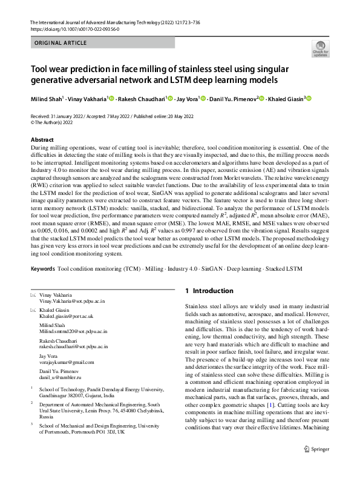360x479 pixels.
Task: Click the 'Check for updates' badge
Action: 320,49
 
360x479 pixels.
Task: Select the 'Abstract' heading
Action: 42,139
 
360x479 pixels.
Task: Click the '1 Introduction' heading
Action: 209,291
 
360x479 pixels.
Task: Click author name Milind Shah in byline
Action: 50,99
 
